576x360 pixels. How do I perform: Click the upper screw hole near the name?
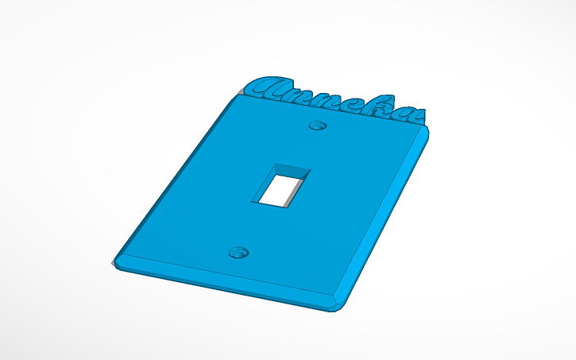tap(319, 126)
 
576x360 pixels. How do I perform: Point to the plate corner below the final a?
tap(427, 130)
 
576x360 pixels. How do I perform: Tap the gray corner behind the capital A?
tap(241, 95)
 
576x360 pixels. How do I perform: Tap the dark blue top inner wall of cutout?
tap(292, 168)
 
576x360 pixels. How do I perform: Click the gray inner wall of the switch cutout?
tap(300, 189)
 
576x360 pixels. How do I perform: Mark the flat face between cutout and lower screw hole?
tap(258, 226)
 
